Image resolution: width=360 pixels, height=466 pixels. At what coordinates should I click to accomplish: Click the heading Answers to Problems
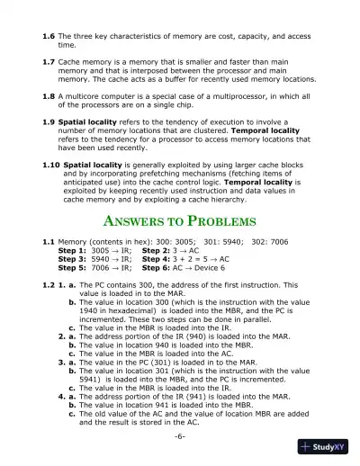(180, 221)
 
